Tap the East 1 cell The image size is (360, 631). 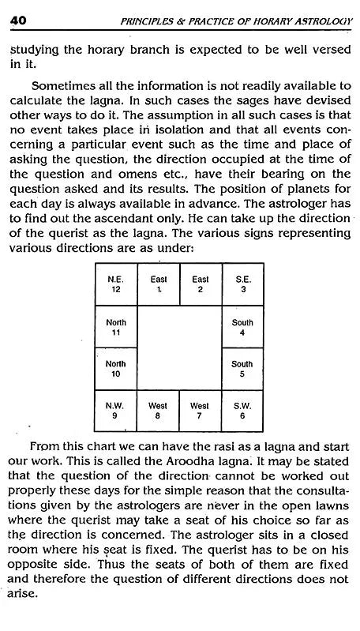(x=158, y=284)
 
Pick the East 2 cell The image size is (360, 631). (x=200, y=284)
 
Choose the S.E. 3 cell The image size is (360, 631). (x=242, y=284)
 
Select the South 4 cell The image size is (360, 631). (x=242, y=326)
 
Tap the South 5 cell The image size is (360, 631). (x=242, y=369)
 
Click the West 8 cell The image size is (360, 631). (x=158, y=411)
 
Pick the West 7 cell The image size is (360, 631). (x=200, y=411)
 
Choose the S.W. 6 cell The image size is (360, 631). (x=242, y=411)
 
